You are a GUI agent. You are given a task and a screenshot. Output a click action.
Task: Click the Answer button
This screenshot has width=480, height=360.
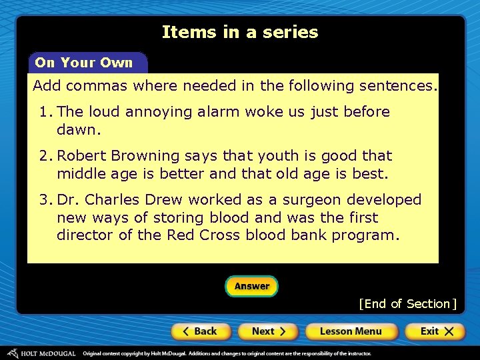pos(251,287)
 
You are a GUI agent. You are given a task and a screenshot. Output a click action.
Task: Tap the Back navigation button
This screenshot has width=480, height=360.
pos(201,331)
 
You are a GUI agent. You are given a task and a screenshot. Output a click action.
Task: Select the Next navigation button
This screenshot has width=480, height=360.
pos(269,331)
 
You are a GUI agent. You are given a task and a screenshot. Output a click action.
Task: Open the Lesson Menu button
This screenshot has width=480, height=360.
pos(351,331)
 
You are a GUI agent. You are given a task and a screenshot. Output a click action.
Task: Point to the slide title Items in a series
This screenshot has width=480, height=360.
pos(240,32)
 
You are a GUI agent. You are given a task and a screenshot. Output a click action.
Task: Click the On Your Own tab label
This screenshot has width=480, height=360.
pos(84,63)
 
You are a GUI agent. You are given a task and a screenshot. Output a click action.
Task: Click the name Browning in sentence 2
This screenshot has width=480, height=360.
pos(149,156)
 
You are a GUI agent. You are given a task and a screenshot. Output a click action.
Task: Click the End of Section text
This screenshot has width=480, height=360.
pos(407,304)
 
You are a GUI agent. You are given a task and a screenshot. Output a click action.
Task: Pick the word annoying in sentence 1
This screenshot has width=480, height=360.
pos(161,112)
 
